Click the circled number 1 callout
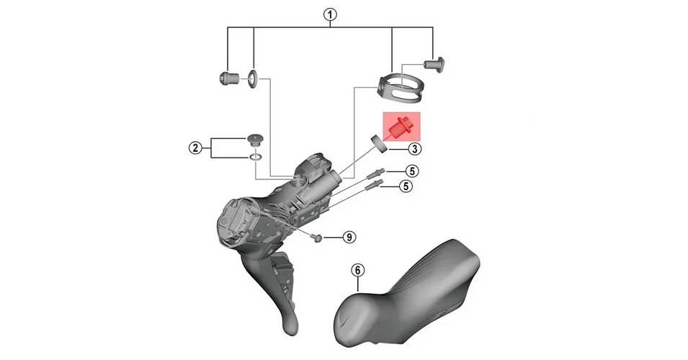click(330, 15)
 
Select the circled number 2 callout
click(195, 148)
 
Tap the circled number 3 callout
click(415, 149)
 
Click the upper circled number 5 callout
click(412, 171)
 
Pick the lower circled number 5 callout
click(406, 186)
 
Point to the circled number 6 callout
click(358, 270)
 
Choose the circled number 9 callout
click(349, 237)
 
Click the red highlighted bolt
click(401, 127)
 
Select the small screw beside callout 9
click(316, 237)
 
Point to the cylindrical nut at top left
click(228, 78)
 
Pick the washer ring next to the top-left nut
click(253, 78)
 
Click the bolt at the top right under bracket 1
click(434, 64)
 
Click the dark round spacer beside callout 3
click(380, 144)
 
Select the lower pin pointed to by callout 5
click(374, 184)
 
